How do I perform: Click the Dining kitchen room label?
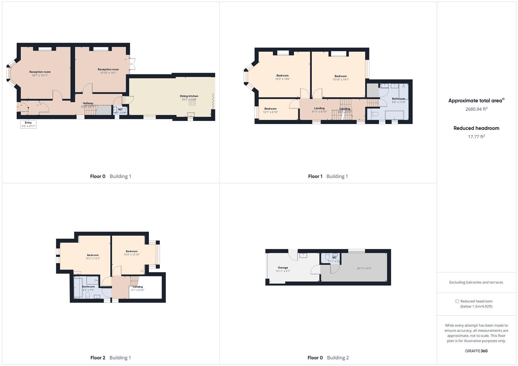[x=189, y=96]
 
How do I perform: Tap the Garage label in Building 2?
[x=283, y=268]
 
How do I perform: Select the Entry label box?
[x=28, y=124]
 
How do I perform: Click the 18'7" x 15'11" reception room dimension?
[x=40, y=76]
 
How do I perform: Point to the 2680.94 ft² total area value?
[x=476, y=109]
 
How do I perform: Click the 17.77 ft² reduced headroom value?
[x=476, y=137]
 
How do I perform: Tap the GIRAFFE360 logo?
[x=476, y=351]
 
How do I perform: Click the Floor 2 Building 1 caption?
[x=111, y=358]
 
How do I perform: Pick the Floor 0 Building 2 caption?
[x=328, y=358]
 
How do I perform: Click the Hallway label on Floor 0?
[x=88, y=103]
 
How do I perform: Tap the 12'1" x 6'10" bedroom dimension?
[x=270, y=112]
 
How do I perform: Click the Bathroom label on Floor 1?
[x=398, y=99]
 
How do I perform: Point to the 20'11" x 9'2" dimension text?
[x=364, y=268]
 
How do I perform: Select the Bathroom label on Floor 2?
[x=89, y=287]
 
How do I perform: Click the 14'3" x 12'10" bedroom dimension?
[x=132, y=255]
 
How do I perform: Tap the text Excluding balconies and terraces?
[x=476, y=282]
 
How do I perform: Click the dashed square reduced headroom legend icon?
[x=457, y=301]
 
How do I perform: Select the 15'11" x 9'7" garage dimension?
[x=283, y=271]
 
